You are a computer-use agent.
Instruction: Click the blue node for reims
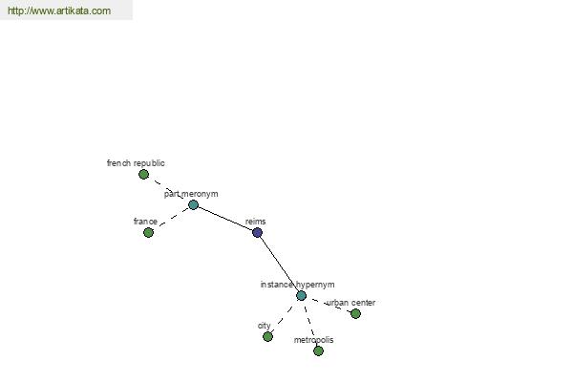(257, 232)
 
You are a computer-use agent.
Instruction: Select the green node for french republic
(143, 175)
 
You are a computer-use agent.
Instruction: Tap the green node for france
(148, 232)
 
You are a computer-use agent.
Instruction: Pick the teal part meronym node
(193, 204)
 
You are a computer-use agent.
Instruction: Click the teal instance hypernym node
(301, 296)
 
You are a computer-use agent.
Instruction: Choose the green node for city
(267, 337)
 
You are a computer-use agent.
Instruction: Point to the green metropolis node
(318, 350)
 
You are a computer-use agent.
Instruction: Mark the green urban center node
(355, 313)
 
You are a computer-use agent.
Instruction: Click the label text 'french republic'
(136, 163)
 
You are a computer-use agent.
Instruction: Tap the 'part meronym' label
(191, 194)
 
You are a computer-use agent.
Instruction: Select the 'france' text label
(145, 222)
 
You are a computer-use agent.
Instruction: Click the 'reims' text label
(255, 222)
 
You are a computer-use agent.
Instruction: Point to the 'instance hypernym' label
(297, 285)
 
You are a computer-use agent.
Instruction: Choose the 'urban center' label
(351, 303)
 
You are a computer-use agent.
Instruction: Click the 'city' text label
(265, 326)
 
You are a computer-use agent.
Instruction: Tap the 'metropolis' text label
(313, 340)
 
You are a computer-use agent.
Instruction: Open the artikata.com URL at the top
(59, 11)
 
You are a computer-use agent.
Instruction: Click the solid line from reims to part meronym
(225, 219)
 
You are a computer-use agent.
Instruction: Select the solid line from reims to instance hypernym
(279, 264)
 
